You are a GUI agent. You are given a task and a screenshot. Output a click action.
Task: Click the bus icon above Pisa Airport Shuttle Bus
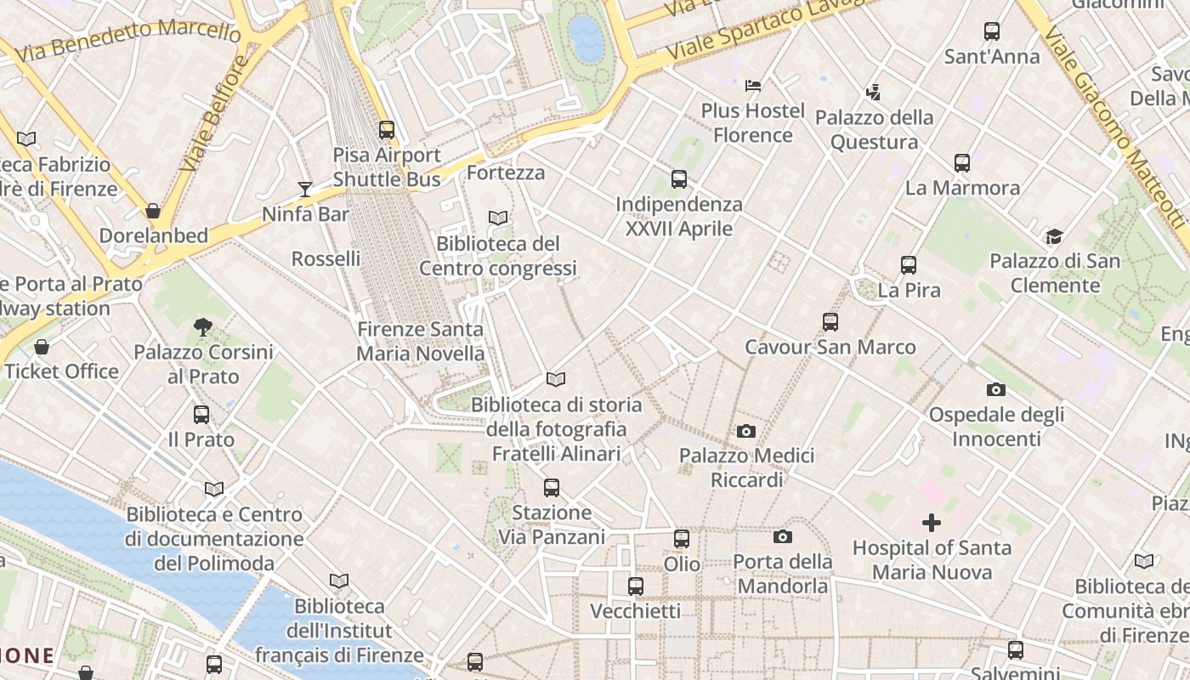coord(387,130)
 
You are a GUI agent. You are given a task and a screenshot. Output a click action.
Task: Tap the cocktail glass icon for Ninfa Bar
coord(305,189)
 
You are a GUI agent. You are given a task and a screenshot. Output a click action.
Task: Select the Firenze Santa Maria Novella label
coord(420,341)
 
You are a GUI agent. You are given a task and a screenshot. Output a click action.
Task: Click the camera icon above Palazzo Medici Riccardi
coord(746,431)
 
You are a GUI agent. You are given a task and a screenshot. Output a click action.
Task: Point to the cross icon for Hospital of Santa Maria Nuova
coord(932,523)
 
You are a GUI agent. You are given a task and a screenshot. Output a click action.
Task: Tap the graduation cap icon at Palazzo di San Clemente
coord(1054,236)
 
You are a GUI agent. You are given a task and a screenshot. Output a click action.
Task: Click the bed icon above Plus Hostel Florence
coord(753,85)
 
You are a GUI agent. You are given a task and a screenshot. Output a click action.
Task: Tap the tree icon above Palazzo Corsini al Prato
coord(202,326)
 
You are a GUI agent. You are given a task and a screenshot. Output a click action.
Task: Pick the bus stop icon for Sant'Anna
coord(992,31)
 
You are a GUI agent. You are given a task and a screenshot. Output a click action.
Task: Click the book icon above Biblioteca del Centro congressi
coord(498,218)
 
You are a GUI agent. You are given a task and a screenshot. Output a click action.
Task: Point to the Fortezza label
coord(506,173)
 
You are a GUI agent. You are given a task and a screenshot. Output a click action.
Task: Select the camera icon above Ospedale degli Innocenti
coord(996,390)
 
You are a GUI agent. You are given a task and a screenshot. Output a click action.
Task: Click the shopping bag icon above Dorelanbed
coord(153,211)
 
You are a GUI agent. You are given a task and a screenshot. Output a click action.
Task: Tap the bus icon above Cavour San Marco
coord(830,322)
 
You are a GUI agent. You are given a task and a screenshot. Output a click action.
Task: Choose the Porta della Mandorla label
coord(782,574)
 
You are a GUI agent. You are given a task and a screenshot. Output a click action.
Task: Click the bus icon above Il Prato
coord(201,415)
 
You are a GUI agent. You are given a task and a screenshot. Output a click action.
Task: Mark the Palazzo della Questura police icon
coord(873,92)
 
